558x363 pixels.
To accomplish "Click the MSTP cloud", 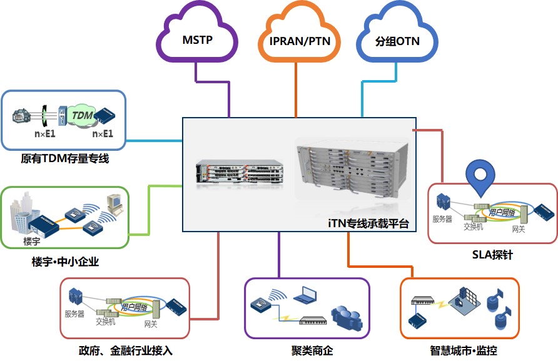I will [198, 41].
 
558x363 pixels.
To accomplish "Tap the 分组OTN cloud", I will [397, 42].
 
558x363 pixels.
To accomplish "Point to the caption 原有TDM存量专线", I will [65, 159].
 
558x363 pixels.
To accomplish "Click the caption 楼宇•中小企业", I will [65, 262].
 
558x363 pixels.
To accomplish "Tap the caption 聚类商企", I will [307, 350].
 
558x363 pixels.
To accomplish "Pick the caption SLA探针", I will [493, 255].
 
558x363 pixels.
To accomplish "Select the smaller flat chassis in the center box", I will [239, 171].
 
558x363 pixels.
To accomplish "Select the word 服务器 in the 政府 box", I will [74, 314].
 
